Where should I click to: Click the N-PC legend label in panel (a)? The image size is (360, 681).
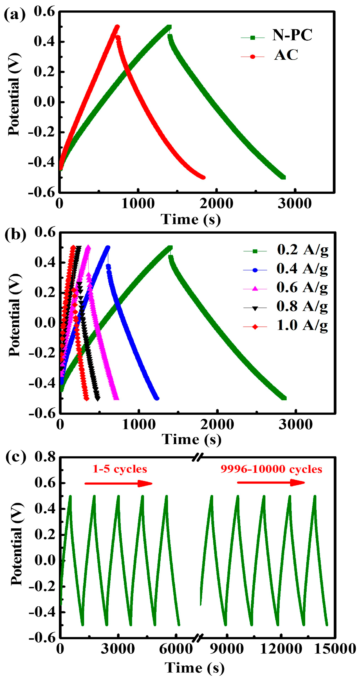(292, 35)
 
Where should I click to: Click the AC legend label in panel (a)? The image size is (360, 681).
(286, 55)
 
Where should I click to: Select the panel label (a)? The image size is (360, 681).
(15, 15)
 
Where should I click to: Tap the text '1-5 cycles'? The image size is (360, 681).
(120, 469)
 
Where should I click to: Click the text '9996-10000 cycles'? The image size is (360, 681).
(271, 469)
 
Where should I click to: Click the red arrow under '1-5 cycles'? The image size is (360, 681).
(118, 484)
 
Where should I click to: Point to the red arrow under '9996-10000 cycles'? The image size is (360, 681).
(271, 483)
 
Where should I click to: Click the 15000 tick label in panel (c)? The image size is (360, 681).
(335, 649)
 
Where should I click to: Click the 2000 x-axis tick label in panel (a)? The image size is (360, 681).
(216, 204)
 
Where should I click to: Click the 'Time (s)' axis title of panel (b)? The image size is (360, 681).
(191, 440)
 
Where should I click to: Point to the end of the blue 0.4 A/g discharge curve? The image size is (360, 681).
(157, 398)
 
